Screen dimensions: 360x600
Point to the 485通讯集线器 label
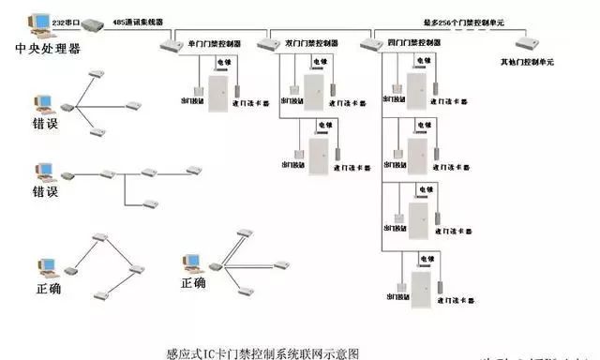tap(137, 20)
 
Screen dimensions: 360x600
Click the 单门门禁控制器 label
tap(216, 43)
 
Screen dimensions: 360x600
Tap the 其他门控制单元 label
tap(528, 62)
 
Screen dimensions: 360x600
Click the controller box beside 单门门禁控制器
tap(170, 44)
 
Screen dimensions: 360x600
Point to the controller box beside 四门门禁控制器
tap(371, 43)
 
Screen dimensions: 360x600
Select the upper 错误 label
tap(45, 124)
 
